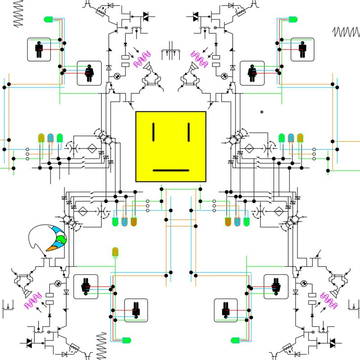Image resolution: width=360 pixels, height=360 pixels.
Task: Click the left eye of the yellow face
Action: [x=154, y=131]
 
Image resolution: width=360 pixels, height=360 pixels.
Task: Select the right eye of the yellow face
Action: [x=189, y=131]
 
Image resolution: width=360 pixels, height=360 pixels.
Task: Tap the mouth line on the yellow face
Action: [x=171, y=171]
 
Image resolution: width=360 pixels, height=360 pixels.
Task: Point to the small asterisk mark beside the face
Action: [x=261, y=112]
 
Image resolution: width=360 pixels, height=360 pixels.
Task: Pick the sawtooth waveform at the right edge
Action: [x=346, y=32]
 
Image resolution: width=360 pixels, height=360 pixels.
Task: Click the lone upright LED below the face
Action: [x=115, y=252]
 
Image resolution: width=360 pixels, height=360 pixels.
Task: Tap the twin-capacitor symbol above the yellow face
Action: [x=171, y=50]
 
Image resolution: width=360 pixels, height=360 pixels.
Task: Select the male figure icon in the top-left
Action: [x=39, y=49]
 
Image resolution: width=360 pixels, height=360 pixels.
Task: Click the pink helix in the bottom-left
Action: [x=33, y=300]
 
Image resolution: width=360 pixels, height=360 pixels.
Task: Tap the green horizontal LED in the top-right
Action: [x=292, y=19]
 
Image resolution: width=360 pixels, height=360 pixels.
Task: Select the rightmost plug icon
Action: [x=276, y=286]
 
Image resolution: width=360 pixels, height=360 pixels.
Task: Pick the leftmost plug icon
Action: [x=85, y=286]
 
